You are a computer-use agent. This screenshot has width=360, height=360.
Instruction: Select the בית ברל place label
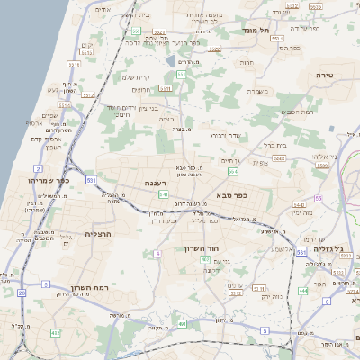coord(272,143)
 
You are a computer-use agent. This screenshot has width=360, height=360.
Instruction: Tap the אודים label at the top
coord(102,9)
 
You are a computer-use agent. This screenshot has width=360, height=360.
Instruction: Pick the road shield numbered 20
coord(22,293)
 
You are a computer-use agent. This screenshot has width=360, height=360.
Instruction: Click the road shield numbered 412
coord(56,333)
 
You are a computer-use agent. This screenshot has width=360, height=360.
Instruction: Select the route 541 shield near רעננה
coord(163,193)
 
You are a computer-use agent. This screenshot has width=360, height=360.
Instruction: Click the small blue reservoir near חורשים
coord(171,62)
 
